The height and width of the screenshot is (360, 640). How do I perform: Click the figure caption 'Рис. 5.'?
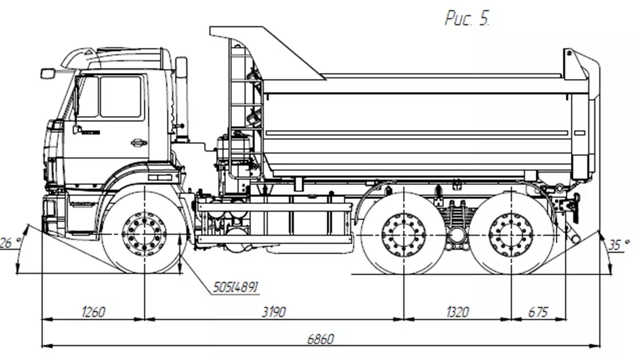point(467,20)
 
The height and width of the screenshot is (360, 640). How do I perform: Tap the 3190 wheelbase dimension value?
point(273,312)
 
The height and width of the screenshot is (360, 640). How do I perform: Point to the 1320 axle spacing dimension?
point(457,312)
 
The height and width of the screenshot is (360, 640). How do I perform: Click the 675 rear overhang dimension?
point(538,312)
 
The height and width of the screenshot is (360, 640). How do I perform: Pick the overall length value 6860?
point(321,339)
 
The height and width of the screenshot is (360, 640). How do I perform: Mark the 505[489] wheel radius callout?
point(235,288)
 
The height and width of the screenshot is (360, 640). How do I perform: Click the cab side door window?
point(120,96)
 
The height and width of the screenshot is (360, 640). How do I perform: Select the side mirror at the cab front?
point(47,73)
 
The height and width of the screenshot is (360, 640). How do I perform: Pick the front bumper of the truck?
point(50,215)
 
